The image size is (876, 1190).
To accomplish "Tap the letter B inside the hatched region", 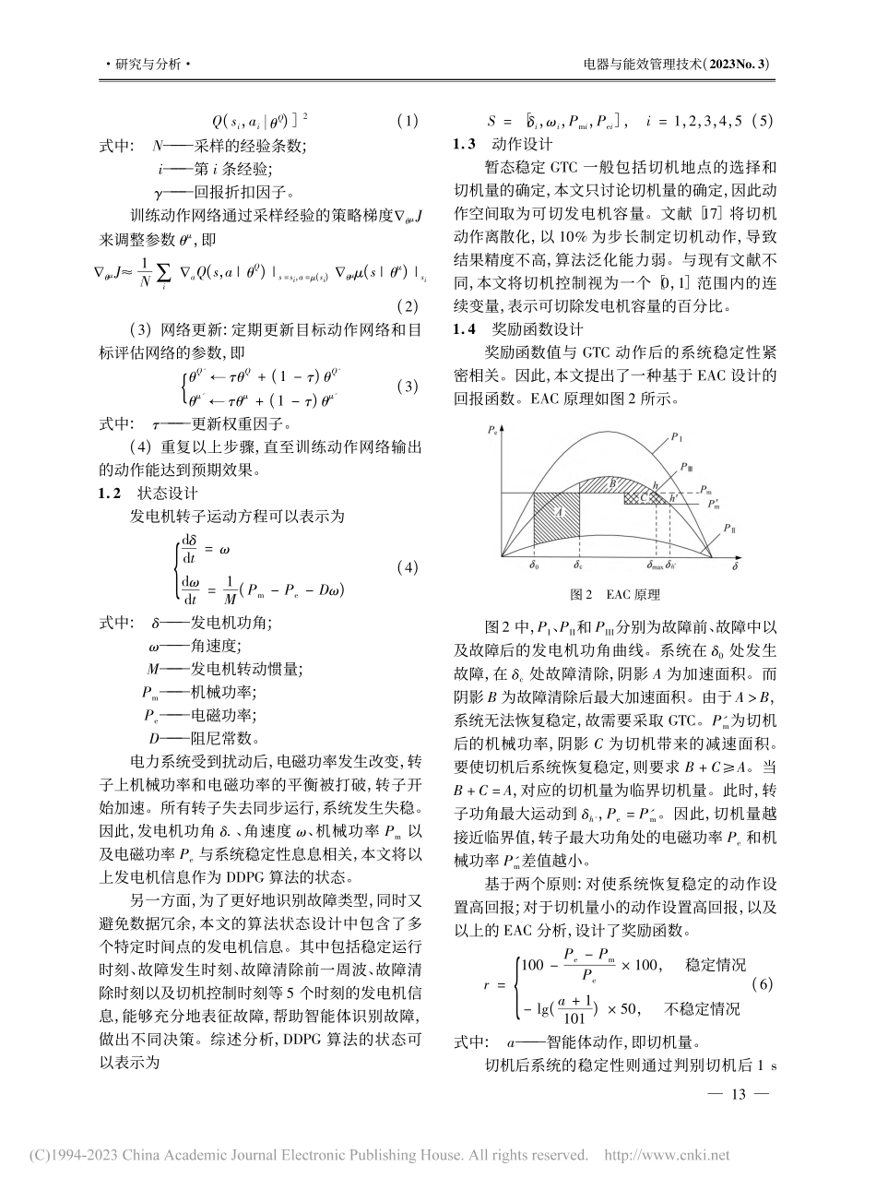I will pos(611,482).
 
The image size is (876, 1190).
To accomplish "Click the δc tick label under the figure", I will pos(578,565).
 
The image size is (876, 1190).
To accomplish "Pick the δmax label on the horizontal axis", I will pos(657,565).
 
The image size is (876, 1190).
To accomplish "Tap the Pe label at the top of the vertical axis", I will pos(491,430).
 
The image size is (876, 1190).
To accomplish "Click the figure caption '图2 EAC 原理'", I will pos(620,595).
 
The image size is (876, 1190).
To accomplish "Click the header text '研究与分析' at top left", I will pos(148,65).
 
